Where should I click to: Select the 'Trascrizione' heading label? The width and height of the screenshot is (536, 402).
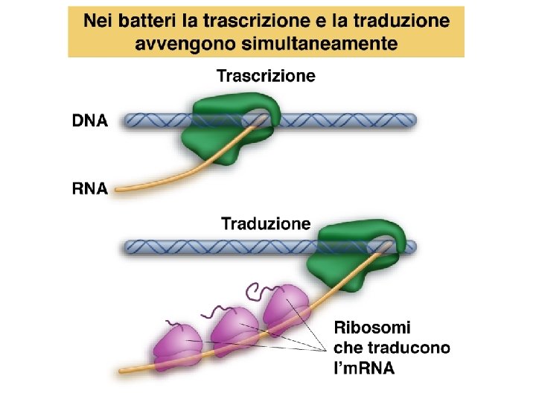[266, 75]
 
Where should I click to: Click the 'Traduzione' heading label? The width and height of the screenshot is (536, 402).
[266, 223]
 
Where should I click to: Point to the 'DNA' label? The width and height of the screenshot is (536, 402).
[90, 121]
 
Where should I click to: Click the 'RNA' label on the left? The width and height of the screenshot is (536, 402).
[90, 189]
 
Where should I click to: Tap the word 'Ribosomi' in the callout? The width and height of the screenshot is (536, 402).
[372, 328]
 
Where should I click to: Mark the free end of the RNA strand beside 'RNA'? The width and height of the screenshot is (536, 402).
[119, 191]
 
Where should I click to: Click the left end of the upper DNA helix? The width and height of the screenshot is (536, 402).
[127, 121]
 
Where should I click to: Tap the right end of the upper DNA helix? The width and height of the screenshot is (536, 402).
[412, 121]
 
